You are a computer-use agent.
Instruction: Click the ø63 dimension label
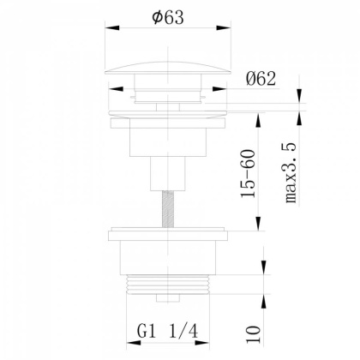[x=168, y=17]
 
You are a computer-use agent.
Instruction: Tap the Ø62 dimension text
[x=261, y=79]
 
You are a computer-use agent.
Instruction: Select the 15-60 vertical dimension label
[x=248, y=173]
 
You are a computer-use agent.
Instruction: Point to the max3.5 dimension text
[x=291, y=173]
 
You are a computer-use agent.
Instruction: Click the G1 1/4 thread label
[x=167, y=332]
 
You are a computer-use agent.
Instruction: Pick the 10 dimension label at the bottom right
[x=253, y=334]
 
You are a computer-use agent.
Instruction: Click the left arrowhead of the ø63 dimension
[x=112, y=27]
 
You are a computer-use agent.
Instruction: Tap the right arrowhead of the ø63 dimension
[x=224, y=27]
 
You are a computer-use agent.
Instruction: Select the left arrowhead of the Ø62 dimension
[x=116, y=89]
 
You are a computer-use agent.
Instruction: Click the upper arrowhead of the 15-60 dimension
[x=258, y=120]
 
